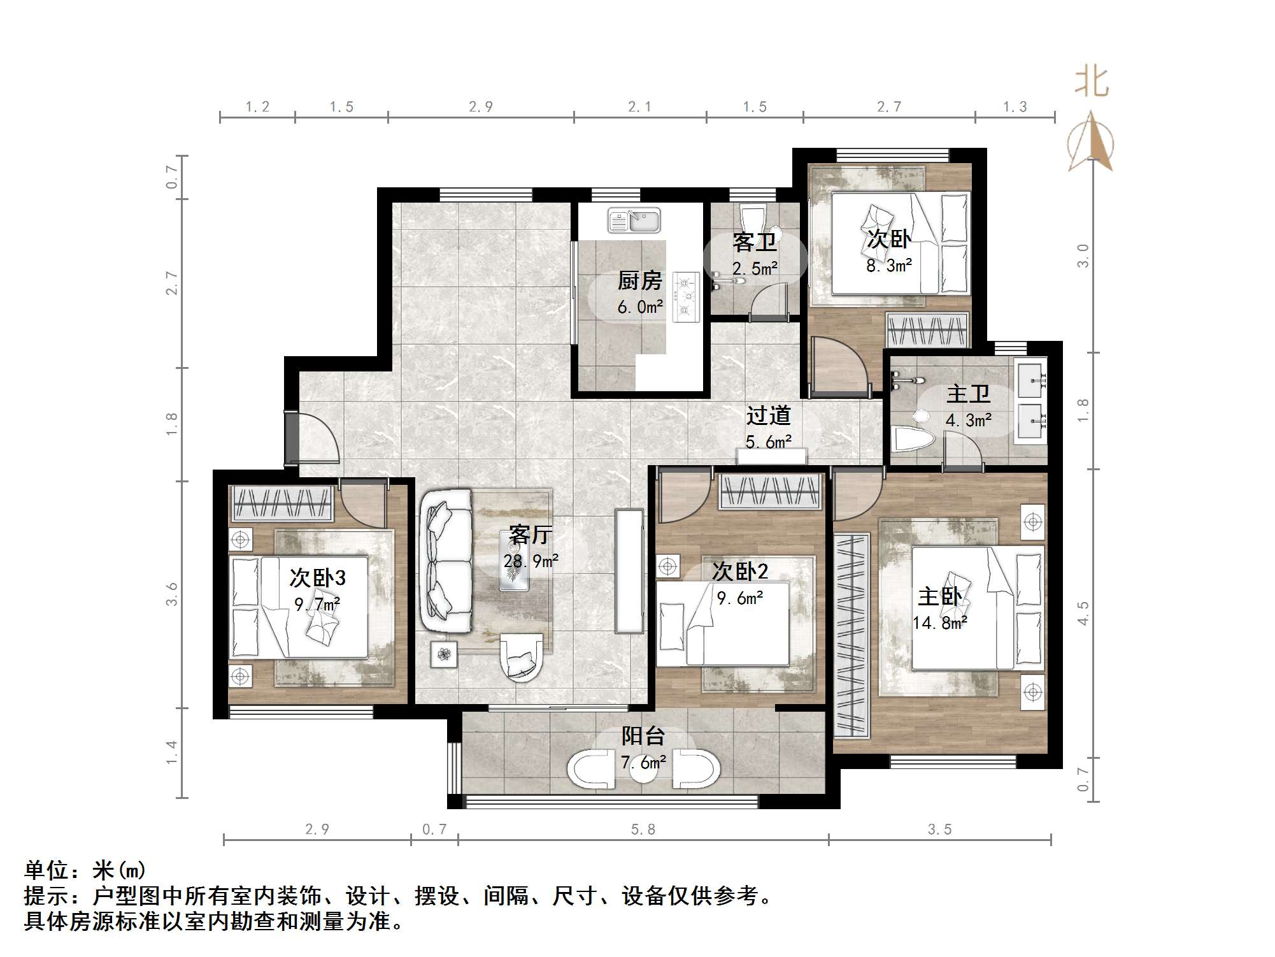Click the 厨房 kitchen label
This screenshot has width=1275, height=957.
[640, 280]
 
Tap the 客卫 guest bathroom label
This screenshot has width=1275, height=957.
[754, 242]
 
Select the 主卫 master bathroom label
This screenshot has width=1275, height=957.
[968, 394]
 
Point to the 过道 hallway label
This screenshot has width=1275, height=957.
[769, 415]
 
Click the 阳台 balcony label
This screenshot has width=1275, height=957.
[643, 736]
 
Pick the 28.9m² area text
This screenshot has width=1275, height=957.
[531, 561]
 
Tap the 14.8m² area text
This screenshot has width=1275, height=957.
[940, 622]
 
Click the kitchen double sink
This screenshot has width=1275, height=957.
[634, 220]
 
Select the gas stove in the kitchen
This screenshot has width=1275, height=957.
[686, 296]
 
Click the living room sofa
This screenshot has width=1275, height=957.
[445, 560]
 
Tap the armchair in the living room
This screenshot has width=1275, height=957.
[522, 657]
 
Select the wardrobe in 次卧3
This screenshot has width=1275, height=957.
[282, 503]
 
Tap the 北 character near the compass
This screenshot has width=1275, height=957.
[1092, 83]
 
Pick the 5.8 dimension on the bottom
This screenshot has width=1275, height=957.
[643, 829]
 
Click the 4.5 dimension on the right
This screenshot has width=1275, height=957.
[1083, 613]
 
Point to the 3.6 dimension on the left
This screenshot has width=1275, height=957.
[171, 594]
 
